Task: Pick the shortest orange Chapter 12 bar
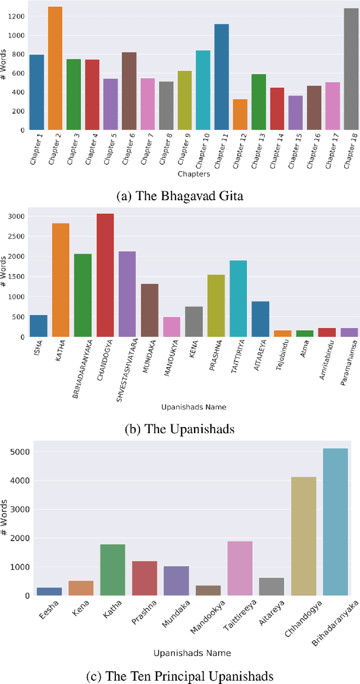(240, 115)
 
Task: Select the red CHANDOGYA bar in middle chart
(105, 275)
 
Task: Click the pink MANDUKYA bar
(172, 327)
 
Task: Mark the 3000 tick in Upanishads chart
(13, 217)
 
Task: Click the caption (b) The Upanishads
(179, 429)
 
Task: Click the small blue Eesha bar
(49, 592)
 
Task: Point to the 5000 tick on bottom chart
(13, 452)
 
